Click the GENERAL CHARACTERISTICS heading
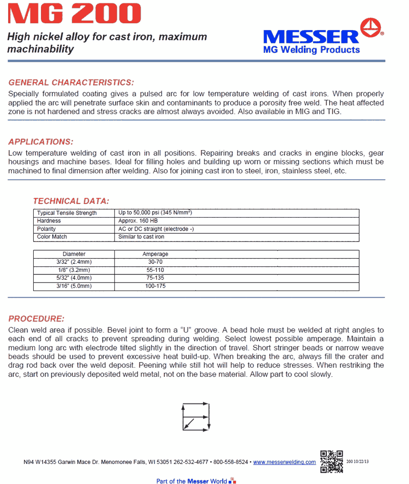71,82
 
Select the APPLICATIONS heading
41,142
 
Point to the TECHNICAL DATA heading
71,201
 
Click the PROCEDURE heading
36,319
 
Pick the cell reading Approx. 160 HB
138,221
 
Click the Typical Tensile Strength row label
67,213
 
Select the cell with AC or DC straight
156,229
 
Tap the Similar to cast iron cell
141,237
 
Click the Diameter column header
74,254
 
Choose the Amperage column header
155,254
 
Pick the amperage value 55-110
155,270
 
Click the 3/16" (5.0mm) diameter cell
74,286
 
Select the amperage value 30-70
155,262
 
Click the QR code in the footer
331,461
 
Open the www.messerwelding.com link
284,462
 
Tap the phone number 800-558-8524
231,462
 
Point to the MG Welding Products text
312,50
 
